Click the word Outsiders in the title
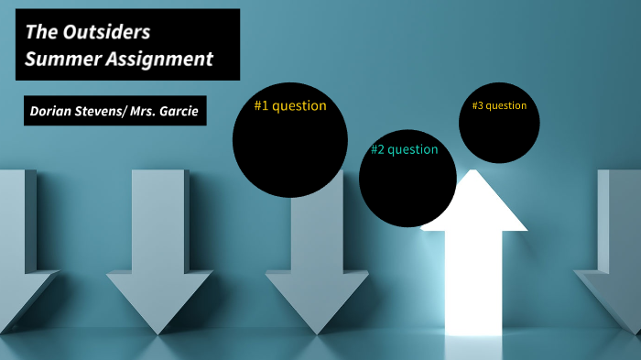(106, 32)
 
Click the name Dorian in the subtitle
(50, 112)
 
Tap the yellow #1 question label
(289, 105)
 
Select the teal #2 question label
(404, 149)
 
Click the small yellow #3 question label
(499, 105)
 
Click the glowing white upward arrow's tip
(473, 176)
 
